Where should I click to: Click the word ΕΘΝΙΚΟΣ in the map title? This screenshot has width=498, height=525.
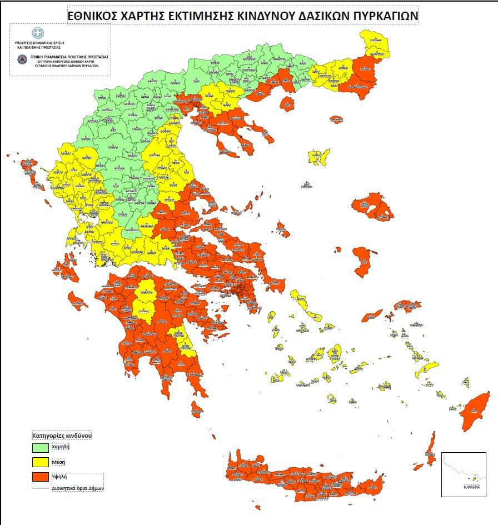coord(91,16)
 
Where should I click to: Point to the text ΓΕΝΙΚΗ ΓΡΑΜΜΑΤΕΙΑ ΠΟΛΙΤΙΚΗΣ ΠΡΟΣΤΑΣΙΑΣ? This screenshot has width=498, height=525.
coord(68,57)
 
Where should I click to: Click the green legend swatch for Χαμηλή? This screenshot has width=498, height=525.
coord(41,447)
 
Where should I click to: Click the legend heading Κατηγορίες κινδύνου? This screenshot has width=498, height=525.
coord(62,435)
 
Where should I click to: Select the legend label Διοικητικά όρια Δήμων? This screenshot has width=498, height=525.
coord(78,488)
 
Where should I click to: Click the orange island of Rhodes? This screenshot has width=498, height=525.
coord(477,411)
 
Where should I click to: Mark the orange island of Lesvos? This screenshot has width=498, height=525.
coord(372,207)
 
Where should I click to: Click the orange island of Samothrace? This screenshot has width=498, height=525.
coord(336,119)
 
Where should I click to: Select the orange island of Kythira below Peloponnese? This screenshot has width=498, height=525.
coord(197,410)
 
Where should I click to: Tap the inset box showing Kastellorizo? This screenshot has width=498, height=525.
coord(463,474)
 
